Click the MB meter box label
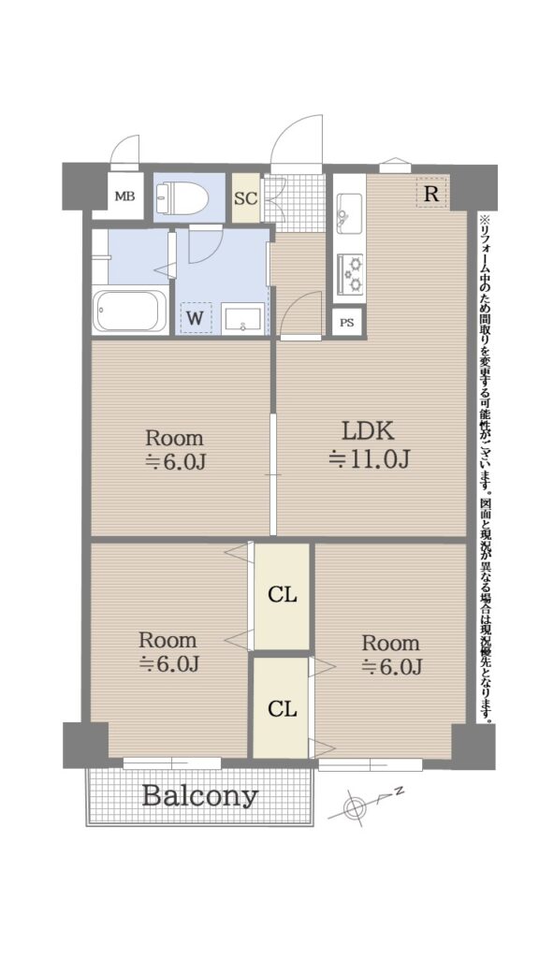[x=125, y=196]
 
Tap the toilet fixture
[x=182, y=196]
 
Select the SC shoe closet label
[x=246, y=198]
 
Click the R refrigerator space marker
[x=431, y=194]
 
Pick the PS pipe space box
[x=346, y=323]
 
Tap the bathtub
[x=130, y=311]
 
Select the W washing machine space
[x=196, y=318]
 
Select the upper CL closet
[x=282, y=596]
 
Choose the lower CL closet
[x=282, y=707]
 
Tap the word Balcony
[x=200, y=796]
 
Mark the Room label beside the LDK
[x=173, y=438]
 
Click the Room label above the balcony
[x=168, y=640]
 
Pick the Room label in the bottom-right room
[x=390, y=643]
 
